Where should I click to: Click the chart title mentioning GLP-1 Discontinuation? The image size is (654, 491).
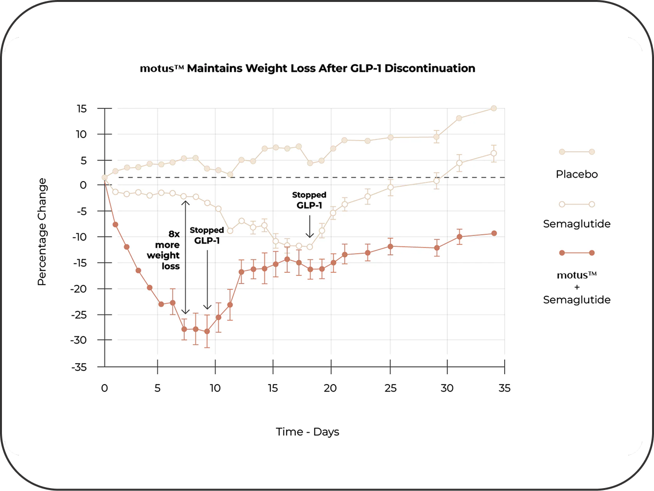point(307,68)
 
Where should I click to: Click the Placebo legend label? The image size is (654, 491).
point(576,174)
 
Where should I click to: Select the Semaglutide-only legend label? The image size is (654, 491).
point(576,224)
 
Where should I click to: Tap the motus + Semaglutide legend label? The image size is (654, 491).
point(576,287)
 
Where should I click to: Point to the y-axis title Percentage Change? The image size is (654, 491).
point(42,232)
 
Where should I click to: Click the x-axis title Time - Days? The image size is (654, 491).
point(307,432)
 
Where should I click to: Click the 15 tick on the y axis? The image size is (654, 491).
point(81,108)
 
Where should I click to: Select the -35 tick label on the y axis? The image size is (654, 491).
point(79,367)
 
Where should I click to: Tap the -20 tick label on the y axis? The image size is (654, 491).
point(79,288)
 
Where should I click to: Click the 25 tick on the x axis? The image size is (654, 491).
point(390,388)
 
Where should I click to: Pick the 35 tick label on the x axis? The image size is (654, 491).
point(505,388)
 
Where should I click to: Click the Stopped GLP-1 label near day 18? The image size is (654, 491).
point(309,200)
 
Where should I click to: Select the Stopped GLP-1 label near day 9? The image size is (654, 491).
point(207,235)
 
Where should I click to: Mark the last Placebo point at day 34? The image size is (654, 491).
point(493,108)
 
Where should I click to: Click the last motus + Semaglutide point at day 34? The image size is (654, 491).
point(494,233)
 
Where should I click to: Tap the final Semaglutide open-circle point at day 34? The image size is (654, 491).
point(493,153)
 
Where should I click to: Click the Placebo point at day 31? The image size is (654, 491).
point(459,118)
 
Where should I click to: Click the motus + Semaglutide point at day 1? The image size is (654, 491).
point(116,225)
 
